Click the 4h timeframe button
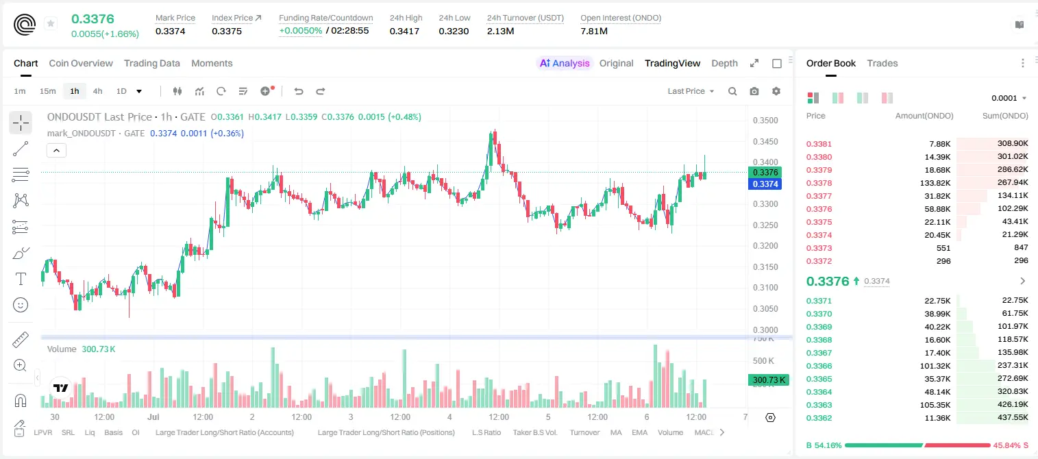(x=97, y=91)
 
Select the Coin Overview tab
(x=81, y=63)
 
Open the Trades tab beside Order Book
(x=882, y=63)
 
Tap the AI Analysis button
(x=565, y=63)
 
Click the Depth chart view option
(x=724, y=63)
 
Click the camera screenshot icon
(x=754, y=91)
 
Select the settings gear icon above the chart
(x=776, y=91)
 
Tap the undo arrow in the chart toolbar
(x=299, y=91)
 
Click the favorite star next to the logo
(x=51, y=23)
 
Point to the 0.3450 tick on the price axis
(x=765, y=141)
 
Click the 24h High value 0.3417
(x=404, y=31)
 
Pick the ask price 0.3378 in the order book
(x=819, y=183)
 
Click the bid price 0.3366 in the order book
(x=819, y=366)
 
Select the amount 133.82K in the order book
(x=935, y=183)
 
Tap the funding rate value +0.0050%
(x=300, y=31)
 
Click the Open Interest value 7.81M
(x=594, y=31)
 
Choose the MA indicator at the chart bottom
(x=616, y=432)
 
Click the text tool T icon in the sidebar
(x=21, y=279)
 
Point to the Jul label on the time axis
(x=153, y=417)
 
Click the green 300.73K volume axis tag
(x=769, y=380)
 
